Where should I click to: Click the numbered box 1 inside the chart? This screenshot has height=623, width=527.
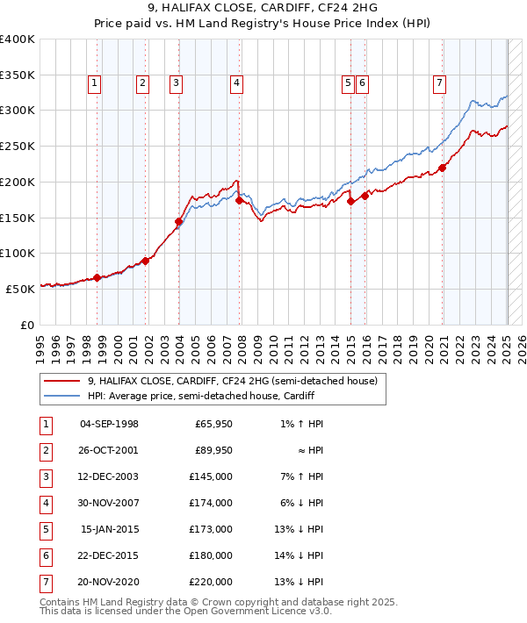94,83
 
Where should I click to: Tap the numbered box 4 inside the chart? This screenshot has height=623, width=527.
237,83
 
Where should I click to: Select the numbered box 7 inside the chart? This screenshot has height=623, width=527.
438,83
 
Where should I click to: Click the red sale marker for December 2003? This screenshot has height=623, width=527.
178,222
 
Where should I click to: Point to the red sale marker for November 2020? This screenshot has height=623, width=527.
443,168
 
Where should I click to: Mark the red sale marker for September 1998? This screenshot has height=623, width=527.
97,278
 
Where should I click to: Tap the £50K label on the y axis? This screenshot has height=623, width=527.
20,289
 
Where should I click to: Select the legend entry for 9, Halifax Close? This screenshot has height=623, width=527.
232,381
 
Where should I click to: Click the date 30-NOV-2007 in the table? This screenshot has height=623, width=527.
109,503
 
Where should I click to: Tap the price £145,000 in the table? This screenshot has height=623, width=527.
213,476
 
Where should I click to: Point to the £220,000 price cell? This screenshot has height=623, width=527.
213,582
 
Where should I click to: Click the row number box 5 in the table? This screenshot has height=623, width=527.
44,529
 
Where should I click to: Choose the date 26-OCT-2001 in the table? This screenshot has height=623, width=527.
109,450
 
